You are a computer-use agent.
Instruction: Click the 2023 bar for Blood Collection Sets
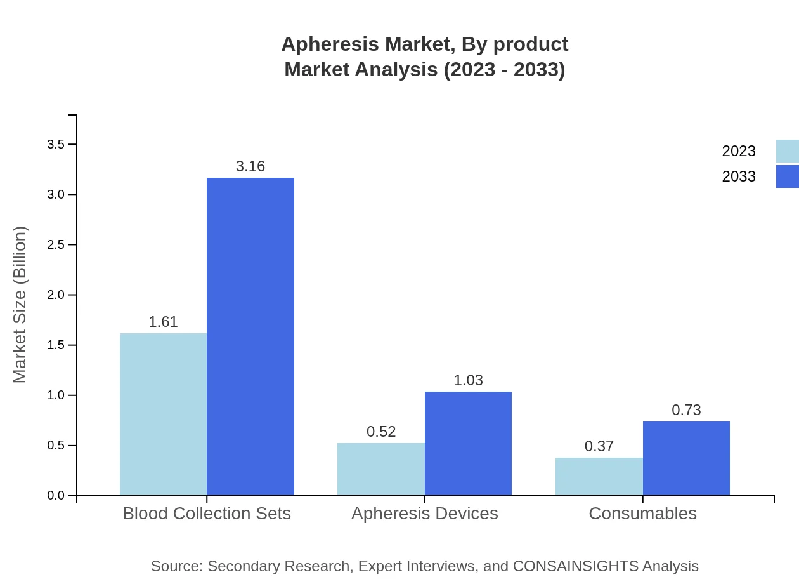click(163, 414)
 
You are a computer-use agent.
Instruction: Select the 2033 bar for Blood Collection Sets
click(250, 336)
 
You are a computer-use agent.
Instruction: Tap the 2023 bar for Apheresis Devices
click(381, 469)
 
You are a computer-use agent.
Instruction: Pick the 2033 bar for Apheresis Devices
click(468, 443)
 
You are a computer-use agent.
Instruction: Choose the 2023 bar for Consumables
click(599, 476)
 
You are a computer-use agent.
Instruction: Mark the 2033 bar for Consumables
click(686, 458)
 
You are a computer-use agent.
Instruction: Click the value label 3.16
click(250, 166)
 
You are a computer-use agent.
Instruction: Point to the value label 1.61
click(163, 322)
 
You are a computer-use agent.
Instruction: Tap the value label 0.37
click(599, 446)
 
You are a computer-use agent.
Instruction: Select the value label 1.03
click(468, 380)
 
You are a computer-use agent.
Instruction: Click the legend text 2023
click(739, 151)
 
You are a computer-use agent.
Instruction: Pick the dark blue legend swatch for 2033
click(787, 176)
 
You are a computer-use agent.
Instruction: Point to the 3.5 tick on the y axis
click(56, 144)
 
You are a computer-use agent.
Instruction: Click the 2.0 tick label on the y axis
click(56, 295)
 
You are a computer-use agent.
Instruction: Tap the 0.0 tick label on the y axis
click(56, 495)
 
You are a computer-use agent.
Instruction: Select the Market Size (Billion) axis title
click(20, 305)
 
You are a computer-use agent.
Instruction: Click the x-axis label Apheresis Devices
click(425, 513)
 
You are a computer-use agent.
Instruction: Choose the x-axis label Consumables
click(642, 513)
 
